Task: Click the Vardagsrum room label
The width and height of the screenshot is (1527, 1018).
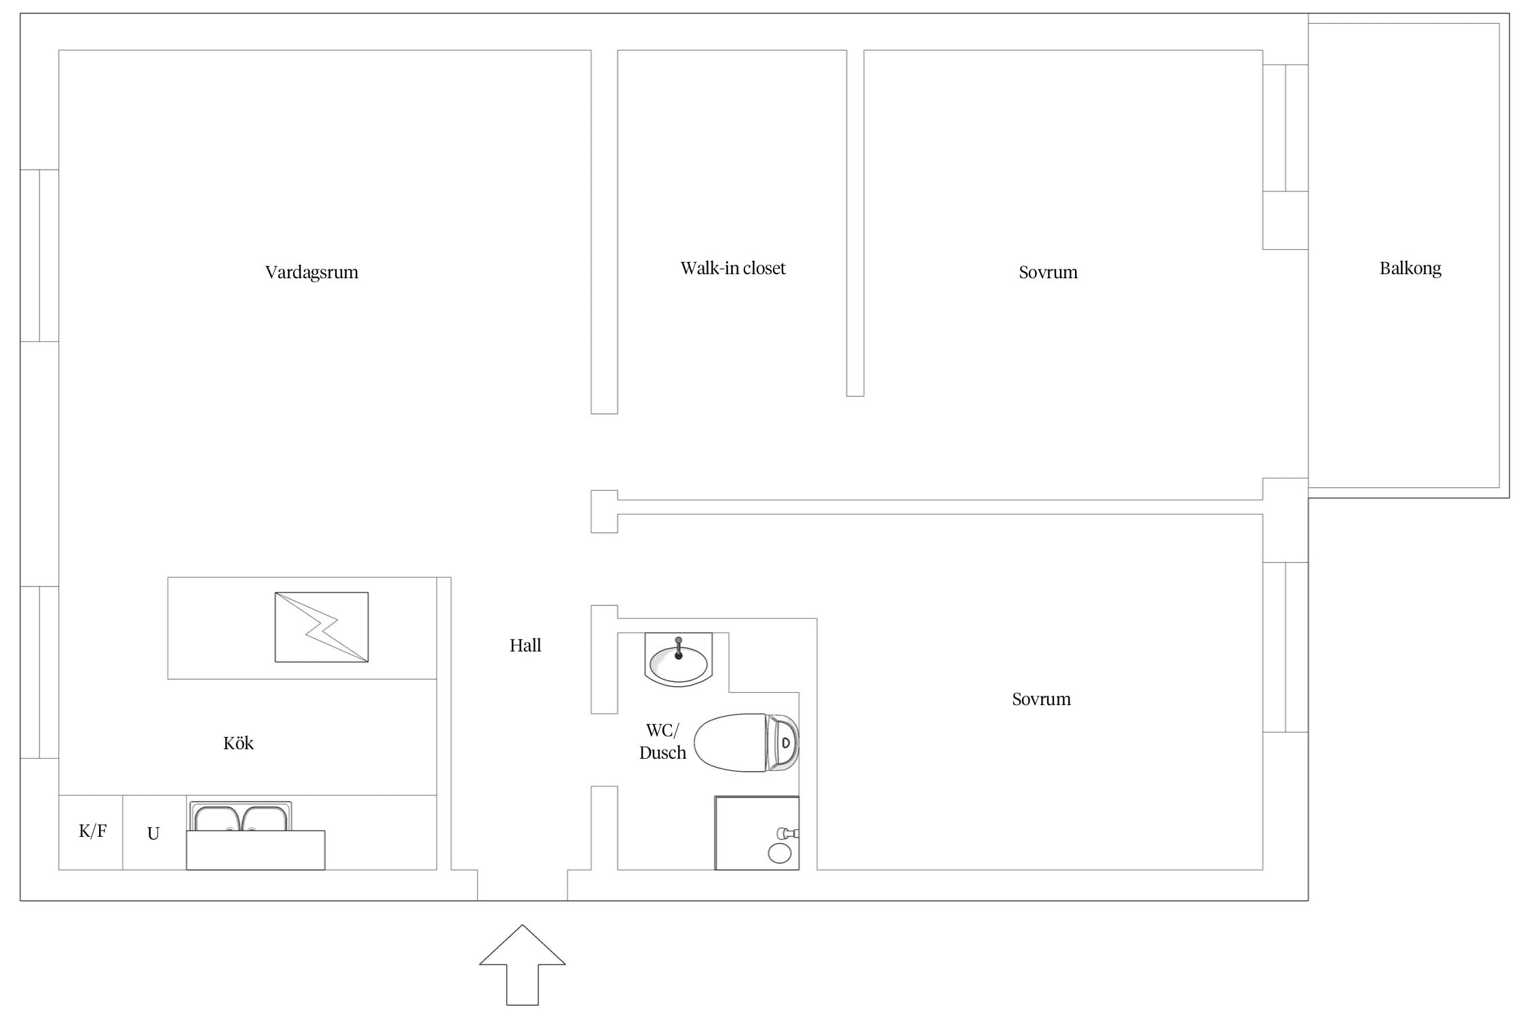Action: tap(312, 272)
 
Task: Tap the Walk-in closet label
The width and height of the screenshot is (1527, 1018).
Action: tap(733, 268)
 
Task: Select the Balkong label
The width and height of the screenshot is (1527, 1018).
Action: tap(1410, 269)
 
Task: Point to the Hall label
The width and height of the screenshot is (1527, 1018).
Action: tap(525, 645)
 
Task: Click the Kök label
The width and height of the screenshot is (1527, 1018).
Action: tap(238, 743)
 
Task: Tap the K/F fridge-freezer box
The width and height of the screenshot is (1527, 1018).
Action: tap(91, 832)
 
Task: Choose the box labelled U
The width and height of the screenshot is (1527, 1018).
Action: tap(155, 832)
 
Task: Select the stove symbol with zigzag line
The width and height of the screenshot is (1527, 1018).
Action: tap(322, 627)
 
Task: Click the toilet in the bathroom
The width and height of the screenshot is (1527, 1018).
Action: tap(747, 742)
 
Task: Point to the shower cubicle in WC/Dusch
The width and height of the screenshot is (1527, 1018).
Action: tap(757, 833)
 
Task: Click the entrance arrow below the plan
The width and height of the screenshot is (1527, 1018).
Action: tap(523, 964)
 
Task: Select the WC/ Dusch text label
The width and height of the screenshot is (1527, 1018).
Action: tap(662, 742)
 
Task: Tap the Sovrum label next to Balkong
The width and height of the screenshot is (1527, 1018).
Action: tap(1048, 272)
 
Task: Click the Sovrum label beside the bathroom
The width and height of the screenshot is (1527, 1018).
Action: tap(1041, 699)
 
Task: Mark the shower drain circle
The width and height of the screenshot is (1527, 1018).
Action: tap(780, 854)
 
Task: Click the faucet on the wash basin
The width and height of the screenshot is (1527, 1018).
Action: tap(678, 648)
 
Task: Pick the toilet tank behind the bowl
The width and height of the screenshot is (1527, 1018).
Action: tap(783, 742)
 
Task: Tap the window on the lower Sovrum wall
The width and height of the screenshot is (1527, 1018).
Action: tap(1285, 647)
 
